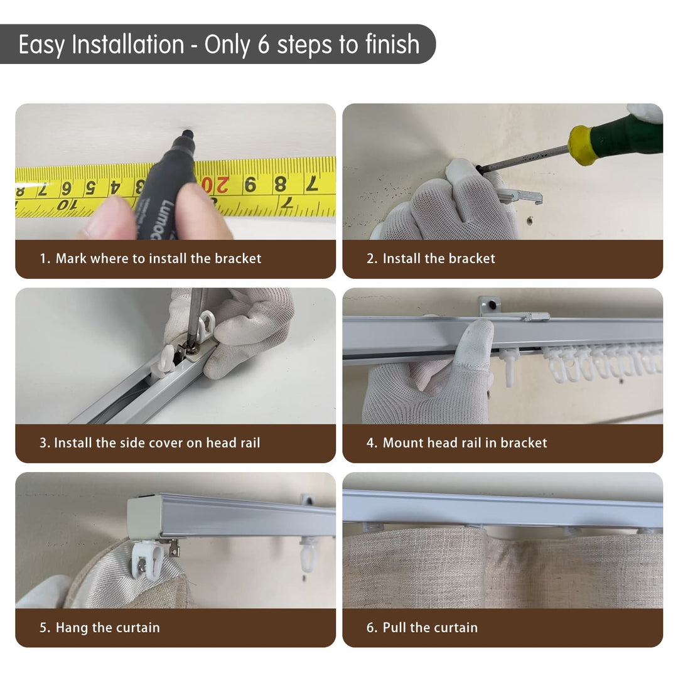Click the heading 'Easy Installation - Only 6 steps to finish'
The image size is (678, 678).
[219, 45]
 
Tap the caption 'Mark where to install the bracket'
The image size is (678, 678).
[158, 259]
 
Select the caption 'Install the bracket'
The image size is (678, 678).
[439, 259]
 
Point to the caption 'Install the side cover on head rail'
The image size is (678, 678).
[157, 443]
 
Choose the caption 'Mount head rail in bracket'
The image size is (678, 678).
[465, 443]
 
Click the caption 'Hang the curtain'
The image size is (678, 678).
[108, 627]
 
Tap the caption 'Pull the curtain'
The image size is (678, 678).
[430, 627]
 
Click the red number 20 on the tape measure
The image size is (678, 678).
[215, 185]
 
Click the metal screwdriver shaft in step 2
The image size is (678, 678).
[523, 158]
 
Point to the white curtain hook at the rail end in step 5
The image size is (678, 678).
[146, 559]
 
